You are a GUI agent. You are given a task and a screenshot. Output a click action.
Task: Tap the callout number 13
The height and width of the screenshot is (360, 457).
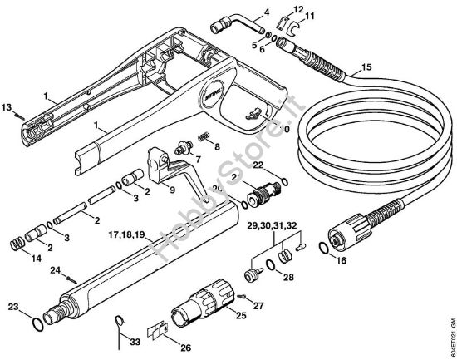[7, 107]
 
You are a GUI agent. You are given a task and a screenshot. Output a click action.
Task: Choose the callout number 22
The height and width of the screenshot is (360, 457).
[258, 165]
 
